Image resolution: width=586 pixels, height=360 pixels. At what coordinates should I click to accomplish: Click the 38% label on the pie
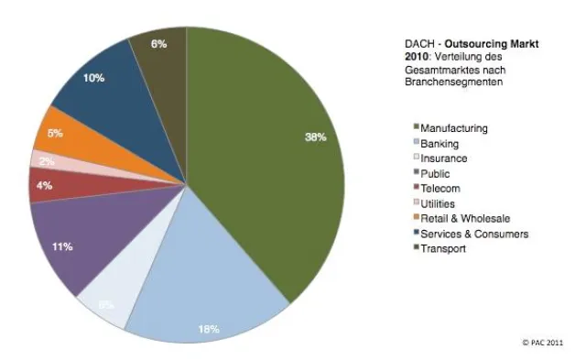[x=314, y=136]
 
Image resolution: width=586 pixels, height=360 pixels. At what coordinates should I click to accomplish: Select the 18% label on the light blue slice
[x=210, y=328]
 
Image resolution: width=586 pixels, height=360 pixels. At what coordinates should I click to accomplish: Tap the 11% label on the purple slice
[x=62, y=247]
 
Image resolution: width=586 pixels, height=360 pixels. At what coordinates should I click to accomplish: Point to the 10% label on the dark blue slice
[x=94, y=79]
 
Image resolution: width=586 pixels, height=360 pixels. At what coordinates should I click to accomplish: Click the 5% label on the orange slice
[x=56, y=134]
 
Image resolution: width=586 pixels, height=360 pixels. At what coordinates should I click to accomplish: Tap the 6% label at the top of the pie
[x=159, y=44]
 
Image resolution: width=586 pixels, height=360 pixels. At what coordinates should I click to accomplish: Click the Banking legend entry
[x=441, y=143]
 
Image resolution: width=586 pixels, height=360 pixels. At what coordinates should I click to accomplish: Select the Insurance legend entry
[x=444, y=158]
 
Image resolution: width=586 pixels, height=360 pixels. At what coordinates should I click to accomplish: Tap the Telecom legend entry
[x=441, y=188]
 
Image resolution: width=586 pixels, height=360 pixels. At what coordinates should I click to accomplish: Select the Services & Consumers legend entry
[x=471, y=234]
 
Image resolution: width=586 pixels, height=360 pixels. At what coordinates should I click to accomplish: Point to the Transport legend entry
[x=443, y=248]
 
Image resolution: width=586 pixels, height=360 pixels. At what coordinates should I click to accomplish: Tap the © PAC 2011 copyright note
[x=544, y=341]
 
